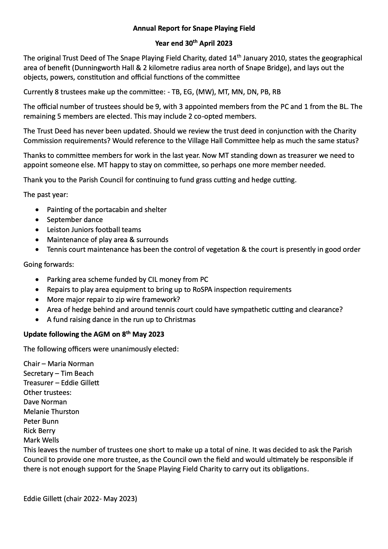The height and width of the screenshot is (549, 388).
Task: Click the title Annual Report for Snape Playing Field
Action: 194,28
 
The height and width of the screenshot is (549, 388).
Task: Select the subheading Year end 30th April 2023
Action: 194,43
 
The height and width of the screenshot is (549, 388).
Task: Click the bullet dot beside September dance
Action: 38,220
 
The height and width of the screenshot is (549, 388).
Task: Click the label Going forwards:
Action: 48,264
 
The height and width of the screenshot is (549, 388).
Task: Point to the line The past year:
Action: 45,195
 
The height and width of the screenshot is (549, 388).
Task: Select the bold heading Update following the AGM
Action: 94,334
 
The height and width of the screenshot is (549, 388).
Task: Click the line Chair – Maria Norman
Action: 59,364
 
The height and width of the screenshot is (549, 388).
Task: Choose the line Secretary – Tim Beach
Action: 59,374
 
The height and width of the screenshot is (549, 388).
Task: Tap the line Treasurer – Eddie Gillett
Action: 61,383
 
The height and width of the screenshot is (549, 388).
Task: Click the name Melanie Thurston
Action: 51,412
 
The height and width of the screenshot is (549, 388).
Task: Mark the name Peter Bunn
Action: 41,422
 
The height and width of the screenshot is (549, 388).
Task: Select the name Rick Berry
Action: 39,431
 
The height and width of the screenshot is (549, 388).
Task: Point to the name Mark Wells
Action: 41,440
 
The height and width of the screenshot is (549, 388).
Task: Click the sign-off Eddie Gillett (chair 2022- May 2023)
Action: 80,499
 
